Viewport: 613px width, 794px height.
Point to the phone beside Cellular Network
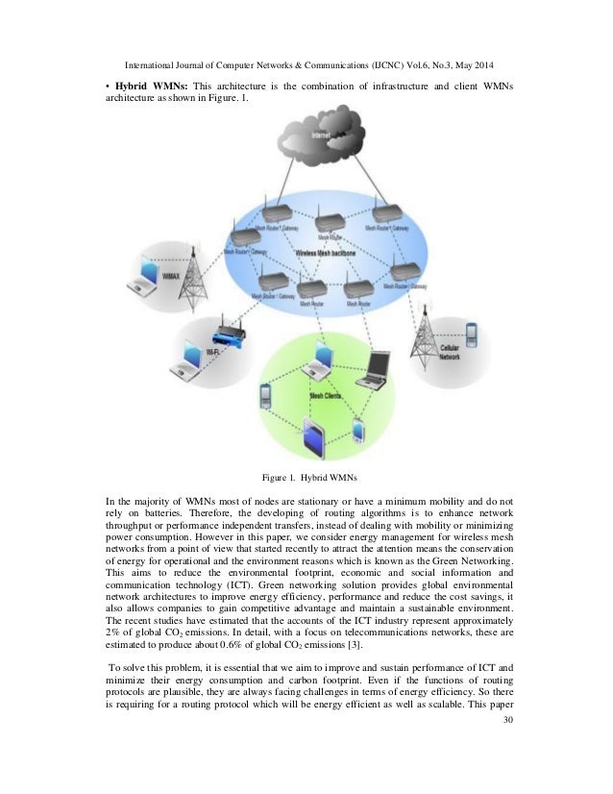coord(472,335)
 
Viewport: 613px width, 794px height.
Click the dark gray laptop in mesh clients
coord(375,368)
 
